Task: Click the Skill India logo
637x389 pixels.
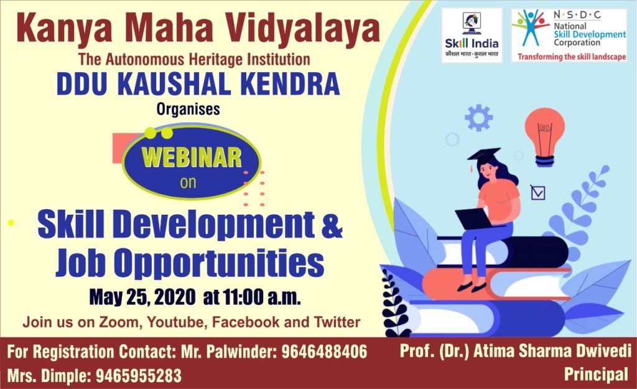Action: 472,35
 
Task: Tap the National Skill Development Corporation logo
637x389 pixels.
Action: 569,35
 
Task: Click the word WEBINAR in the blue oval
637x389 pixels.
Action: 192,157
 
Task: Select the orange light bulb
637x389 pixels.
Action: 544,137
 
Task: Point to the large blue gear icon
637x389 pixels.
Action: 478,118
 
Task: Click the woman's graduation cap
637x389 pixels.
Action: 483,155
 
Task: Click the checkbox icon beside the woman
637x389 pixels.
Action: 538,192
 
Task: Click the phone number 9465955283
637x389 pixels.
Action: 139,376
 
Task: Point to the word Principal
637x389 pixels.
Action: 596,374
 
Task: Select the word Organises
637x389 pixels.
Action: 188,110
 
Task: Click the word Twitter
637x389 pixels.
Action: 337,322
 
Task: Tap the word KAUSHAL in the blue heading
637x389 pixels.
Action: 176,84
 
